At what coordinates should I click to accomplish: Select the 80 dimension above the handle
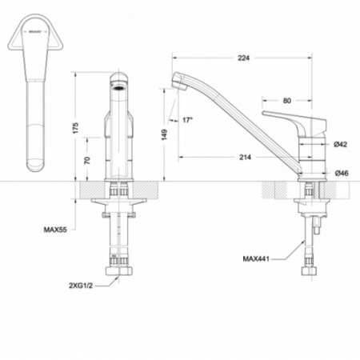[286, 101]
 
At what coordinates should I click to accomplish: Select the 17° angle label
[188, 120]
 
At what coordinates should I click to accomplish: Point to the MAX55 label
[55, 230]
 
